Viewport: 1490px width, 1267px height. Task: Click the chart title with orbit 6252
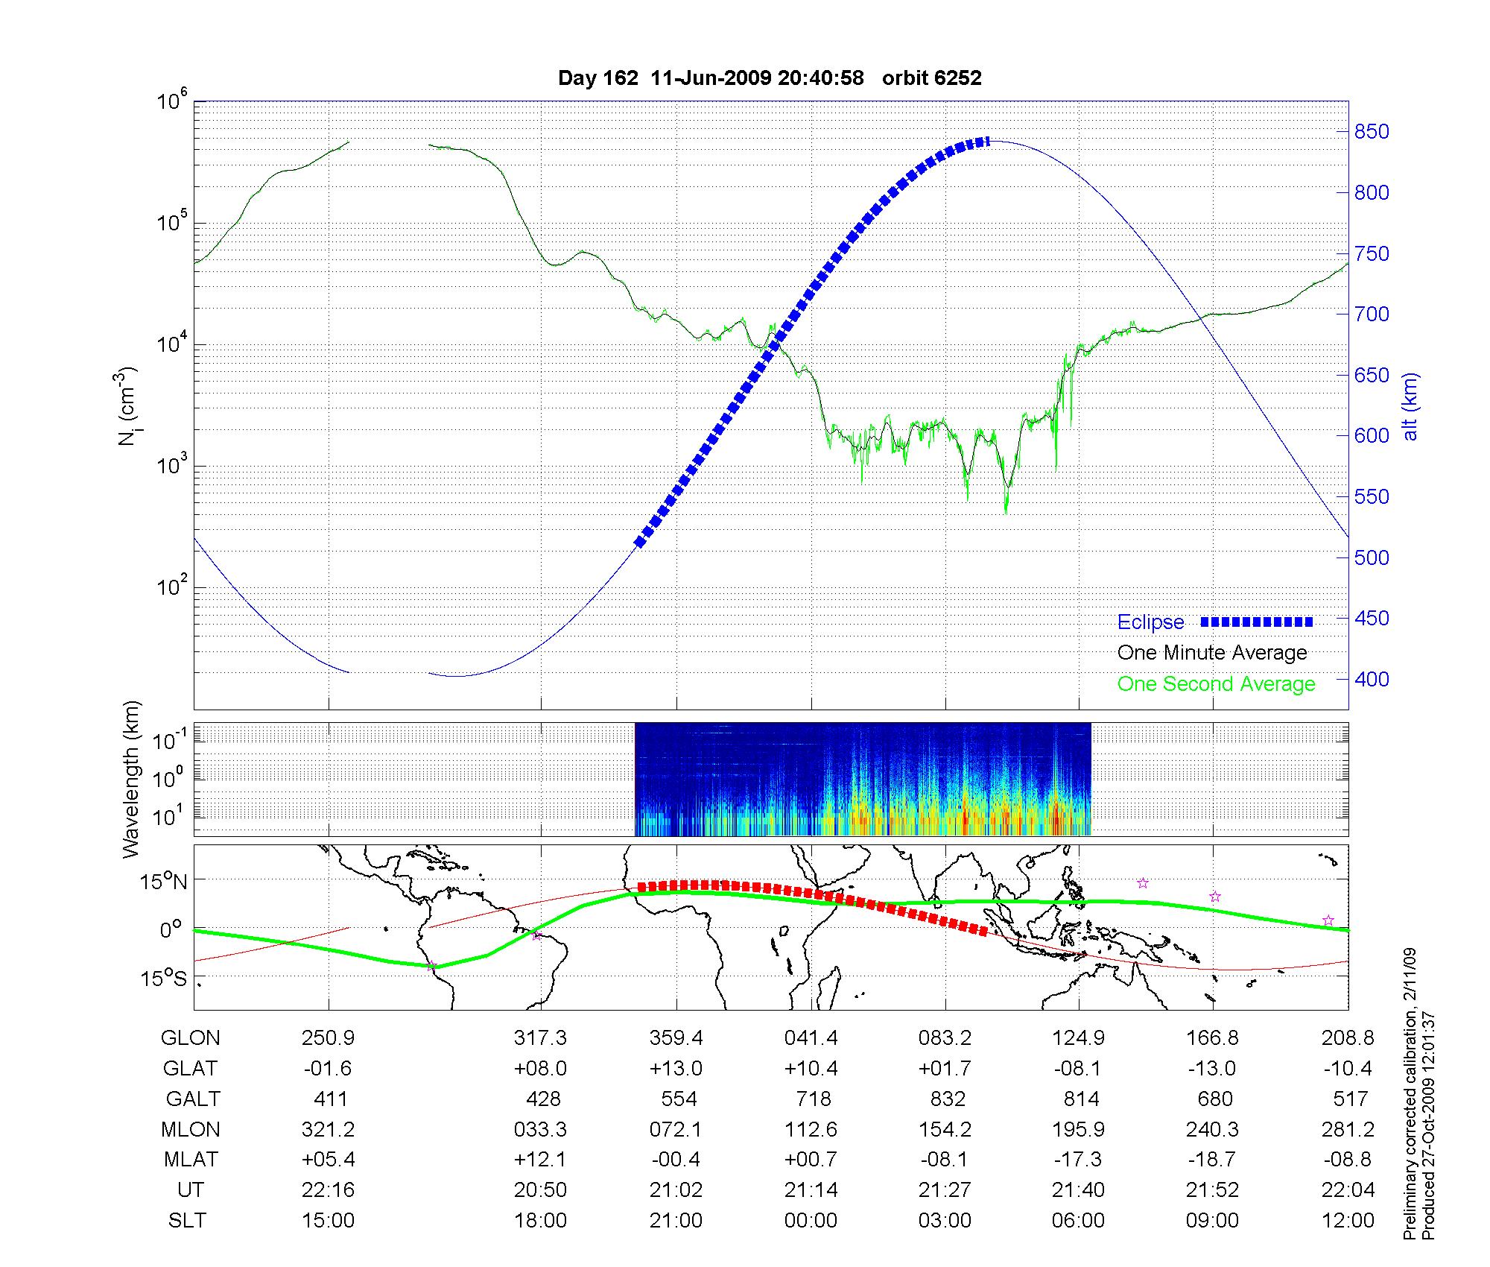pos(770,78)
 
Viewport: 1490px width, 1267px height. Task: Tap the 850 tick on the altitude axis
pos(1372,132)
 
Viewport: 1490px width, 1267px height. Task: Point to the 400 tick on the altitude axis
pos(1372,679)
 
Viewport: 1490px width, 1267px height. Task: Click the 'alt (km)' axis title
pos(1410,406)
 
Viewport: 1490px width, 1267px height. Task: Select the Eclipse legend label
pos(1150,622)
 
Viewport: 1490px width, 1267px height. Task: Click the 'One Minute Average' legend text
pos(1212,653)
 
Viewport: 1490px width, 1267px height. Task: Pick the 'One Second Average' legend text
pos(1216,684)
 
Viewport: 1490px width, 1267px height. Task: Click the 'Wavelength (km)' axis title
pos(132,780)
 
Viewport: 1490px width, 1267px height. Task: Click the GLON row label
pos(191,1037)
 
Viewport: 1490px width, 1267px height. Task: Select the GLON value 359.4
pos(676,1037)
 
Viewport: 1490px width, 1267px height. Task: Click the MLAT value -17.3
pos(1078,1160)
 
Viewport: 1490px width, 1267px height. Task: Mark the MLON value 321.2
pos(328,1129)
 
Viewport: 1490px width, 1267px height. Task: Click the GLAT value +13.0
pos(676,1068)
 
